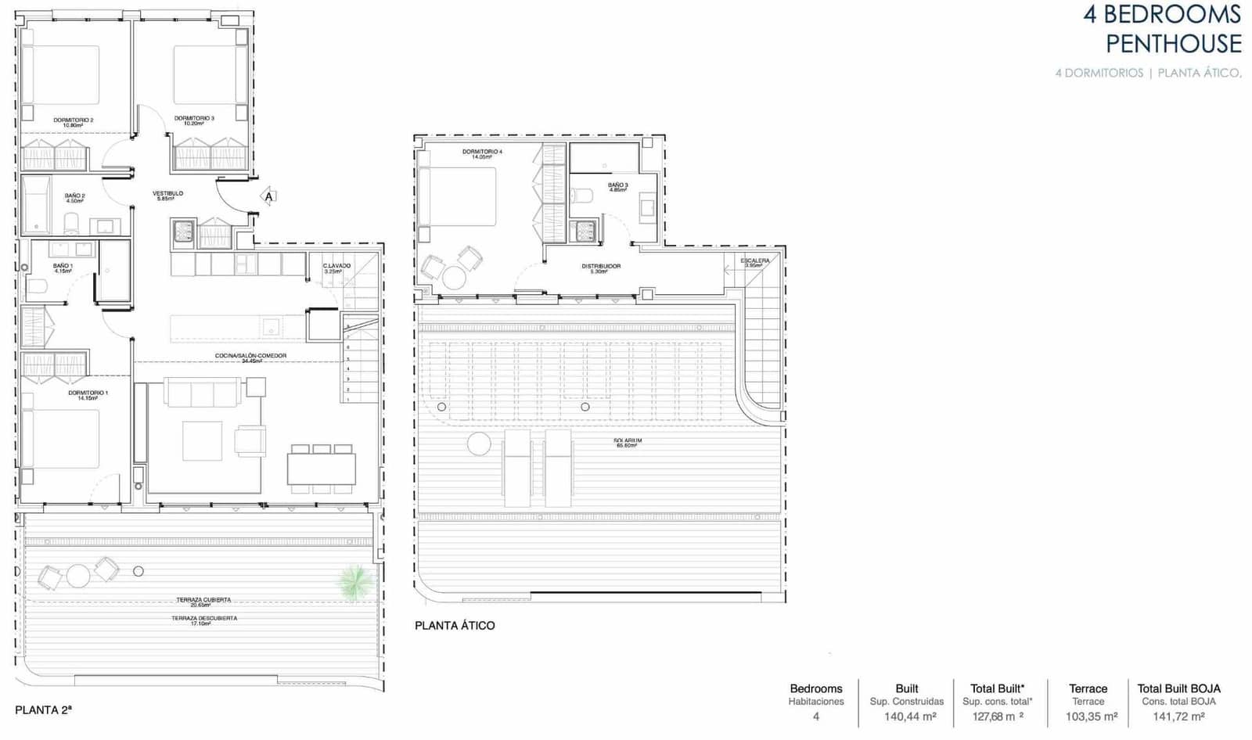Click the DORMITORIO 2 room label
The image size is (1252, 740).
pyautogui.click(x=74, y=120)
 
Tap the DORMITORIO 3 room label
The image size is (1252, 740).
pyautogui.click(x=194, y=119)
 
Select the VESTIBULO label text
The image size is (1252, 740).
pyautogui.click(x=167, y=193)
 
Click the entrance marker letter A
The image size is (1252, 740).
pyautogui.click(x=269, y=197)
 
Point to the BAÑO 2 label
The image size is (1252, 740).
pyautogui.click(x=74, y=196)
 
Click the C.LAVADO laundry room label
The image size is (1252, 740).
pyautogui.click(x=336, y=266)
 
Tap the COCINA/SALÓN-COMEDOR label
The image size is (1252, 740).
pyautogui.click(x=250, y=356)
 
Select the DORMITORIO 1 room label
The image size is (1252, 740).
pyautogui.click(x=88, y=393)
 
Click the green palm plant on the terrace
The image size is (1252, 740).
pyautogui.click(x=355, y=581)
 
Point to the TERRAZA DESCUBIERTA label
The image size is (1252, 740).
pyautogui.click(x=204, y=619)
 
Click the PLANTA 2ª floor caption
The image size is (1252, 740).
pyautogui.click(x=43, y=710)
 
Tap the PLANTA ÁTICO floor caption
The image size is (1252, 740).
pyautogui.click(x=455, y=626)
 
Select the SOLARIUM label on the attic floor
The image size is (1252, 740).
pyautogui.click(x=628, y=441)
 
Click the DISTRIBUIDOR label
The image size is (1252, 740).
pyautogui.click(x=601, y=267)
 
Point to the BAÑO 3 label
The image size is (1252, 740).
pyautogui.click(x=617, y=185)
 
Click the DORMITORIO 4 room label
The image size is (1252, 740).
pyautogui.click(x=482, y=152)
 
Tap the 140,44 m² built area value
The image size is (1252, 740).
pyautogui.click(x=906, y=717)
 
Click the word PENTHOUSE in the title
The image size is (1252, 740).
pyautogui.click(x=1173, y=44)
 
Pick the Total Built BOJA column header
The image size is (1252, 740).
pyautogui.click(x=1178, y=689)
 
